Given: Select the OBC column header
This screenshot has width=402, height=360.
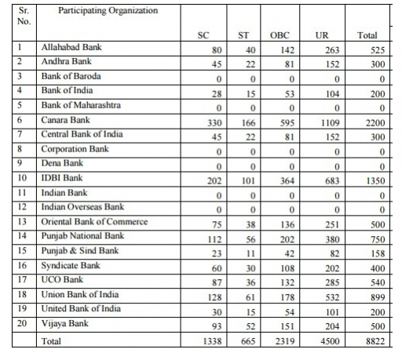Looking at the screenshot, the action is pos(280,35).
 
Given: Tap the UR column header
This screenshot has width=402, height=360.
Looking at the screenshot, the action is pos(321,35).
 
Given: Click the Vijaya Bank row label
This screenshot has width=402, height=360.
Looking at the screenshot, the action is pos(64,323).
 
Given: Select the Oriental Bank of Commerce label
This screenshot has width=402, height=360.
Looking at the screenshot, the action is pos(93,221).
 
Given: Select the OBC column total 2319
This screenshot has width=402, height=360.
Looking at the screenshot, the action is pos(280,343).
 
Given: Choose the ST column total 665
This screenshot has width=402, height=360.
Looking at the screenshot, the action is pos(244,343).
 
